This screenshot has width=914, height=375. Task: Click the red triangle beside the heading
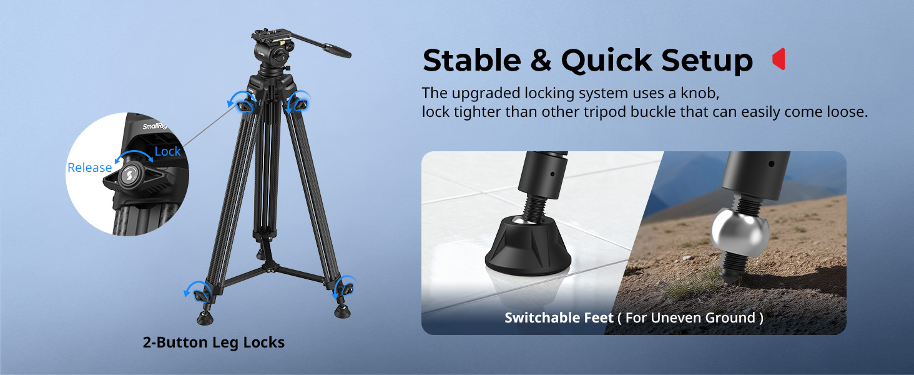pos(779,59)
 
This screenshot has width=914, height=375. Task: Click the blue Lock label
pos(167,151)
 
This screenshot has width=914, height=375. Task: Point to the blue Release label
pos(89,167)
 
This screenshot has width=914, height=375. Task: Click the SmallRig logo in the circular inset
pos(154,127)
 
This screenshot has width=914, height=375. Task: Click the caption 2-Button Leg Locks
pos(214,342)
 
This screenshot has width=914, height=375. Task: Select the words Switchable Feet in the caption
pos(559,317)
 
